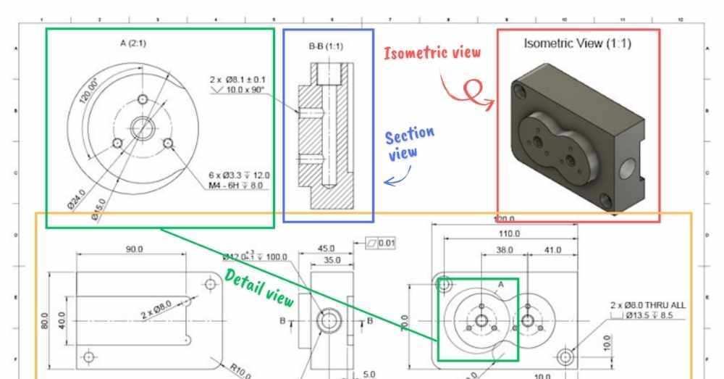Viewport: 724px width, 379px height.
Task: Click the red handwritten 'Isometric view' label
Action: [x=432, y=53]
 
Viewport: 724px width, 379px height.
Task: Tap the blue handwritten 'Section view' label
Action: [x=410, y=143]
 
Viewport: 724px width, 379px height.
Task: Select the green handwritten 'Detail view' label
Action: [x=258, y=288]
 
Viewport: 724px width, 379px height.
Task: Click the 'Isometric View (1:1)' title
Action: [x=577, y=43]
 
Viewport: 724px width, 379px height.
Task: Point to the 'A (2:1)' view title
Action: [x=132, y=43]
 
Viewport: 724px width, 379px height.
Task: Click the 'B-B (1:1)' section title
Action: [x=326, y=46]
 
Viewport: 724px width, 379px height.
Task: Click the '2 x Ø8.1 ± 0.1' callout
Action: [x=237, y=79]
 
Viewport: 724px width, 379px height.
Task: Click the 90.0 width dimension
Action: [x=134, y=249]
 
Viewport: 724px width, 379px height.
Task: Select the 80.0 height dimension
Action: [x=44, y=320]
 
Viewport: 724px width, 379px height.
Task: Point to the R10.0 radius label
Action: [x=240, y=371]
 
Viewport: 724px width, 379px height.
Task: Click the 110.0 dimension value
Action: [x=508, y=233]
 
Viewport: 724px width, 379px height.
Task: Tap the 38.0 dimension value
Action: [x=505, y=249]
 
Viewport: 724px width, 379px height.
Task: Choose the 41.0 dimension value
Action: [x=552, y=249]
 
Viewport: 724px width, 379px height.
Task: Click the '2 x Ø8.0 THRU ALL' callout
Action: [x=647, y=305]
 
